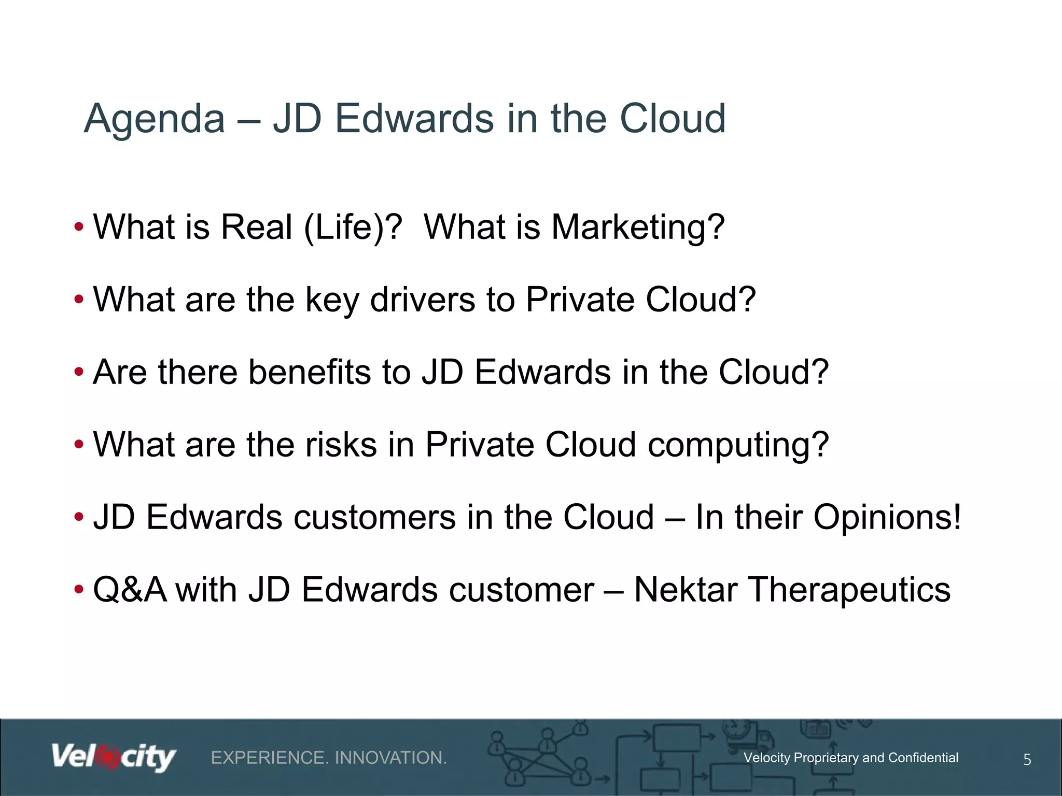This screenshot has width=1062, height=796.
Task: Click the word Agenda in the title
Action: pos(154,119)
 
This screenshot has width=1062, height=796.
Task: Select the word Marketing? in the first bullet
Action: pos(637,228)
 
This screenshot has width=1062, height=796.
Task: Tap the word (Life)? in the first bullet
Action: pos(353,228)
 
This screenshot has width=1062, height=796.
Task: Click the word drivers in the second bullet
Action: pos(422,301)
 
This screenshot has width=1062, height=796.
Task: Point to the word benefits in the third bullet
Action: pos(310,373)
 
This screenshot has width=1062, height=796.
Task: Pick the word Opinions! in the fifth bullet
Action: pos(887,518)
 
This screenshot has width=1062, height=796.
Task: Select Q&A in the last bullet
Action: pos(130,590)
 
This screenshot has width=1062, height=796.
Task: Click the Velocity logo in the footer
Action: pos(114,758)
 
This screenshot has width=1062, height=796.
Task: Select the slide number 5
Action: pos(1027,760)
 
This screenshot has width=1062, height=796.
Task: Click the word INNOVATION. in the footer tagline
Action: pos(390,758)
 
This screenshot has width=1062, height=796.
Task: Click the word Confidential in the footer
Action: pos(923,758)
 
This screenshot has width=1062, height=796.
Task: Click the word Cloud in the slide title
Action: pos(673,119)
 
